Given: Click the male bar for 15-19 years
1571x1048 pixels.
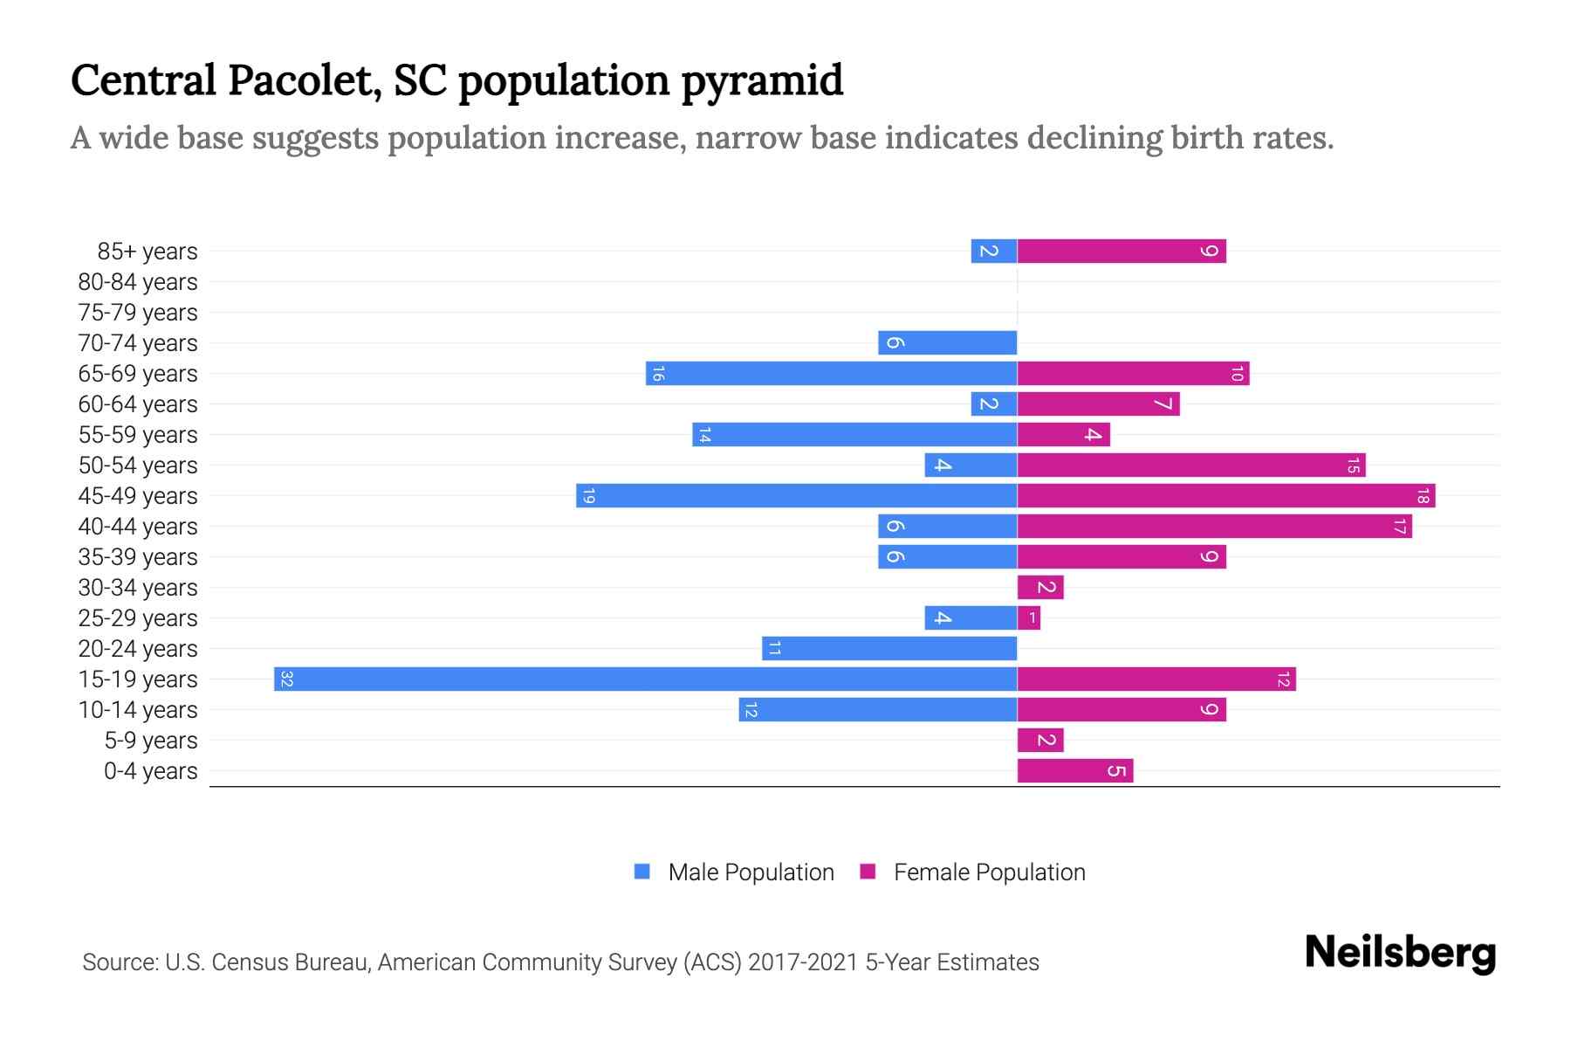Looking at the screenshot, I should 646,679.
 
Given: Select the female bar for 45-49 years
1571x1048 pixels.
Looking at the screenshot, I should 1225,496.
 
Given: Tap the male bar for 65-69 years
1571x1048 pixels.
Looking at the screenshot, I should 831,374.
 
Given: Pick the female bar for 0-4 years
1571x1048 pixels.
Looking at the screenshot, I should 1074,771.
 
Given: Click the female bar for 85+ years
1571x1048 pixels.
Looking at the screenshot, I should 1122,252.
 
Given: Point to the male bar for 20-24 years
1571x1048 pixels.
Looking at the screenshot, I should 889,649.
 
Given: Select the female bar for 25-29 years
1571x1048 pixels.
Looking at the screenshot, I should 1029,618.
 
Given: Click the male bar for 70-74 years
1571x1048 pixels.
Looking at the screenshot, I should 947,343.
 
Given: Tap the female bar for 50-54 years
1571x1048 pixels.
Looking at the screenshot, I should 1190,465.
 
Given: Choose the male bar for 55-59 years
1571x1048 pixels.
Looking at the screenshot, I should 854,435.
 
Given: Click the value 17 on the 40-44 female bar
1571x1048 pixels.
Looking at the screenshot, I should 1399,527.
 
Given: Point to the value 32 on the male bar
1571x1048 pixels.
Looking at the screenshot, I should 286,679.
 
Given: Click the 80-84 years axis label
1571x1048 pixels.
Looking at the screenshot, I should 138,282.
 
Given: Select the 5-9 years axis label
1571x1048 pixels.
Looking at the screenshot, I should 151,741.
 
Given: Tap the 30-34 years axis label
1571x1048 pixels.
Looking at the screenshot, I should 138,588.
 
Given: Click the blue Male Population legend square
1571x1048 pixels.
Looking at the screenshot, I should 642,872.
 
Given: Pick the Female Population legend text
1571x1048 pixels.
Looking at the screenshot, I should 989,872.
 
